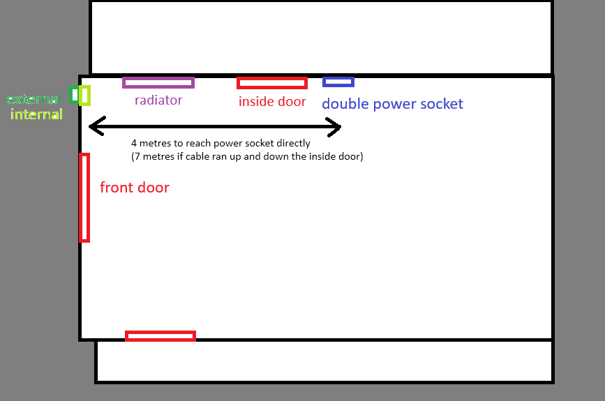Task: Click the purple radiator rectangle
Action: [x=158, y=82]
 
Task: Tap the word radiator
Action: [x=158, y=100]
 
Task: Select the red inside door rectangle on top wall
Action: [x=272, y=83]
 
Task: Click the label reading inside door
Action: [x=272, y=102]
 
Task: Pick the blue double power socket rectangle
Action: [x=338, y=82]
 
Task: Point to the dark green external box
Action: [x=74, y=94]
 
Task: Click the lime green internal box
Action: [x=84, y=94]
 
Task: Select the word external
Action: [x=34, y=100]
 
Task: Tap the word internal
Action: [x=36, y=114]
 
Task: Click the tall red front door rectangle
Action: [x=84, y=197]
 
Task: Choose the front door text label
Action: [x=135, y=188]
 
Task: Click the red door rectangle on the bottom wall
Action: [x=160, y=336]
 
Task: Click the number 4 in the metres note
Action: [x=134, y=144]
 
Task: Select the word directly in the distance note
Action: [x=291, y=144]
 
